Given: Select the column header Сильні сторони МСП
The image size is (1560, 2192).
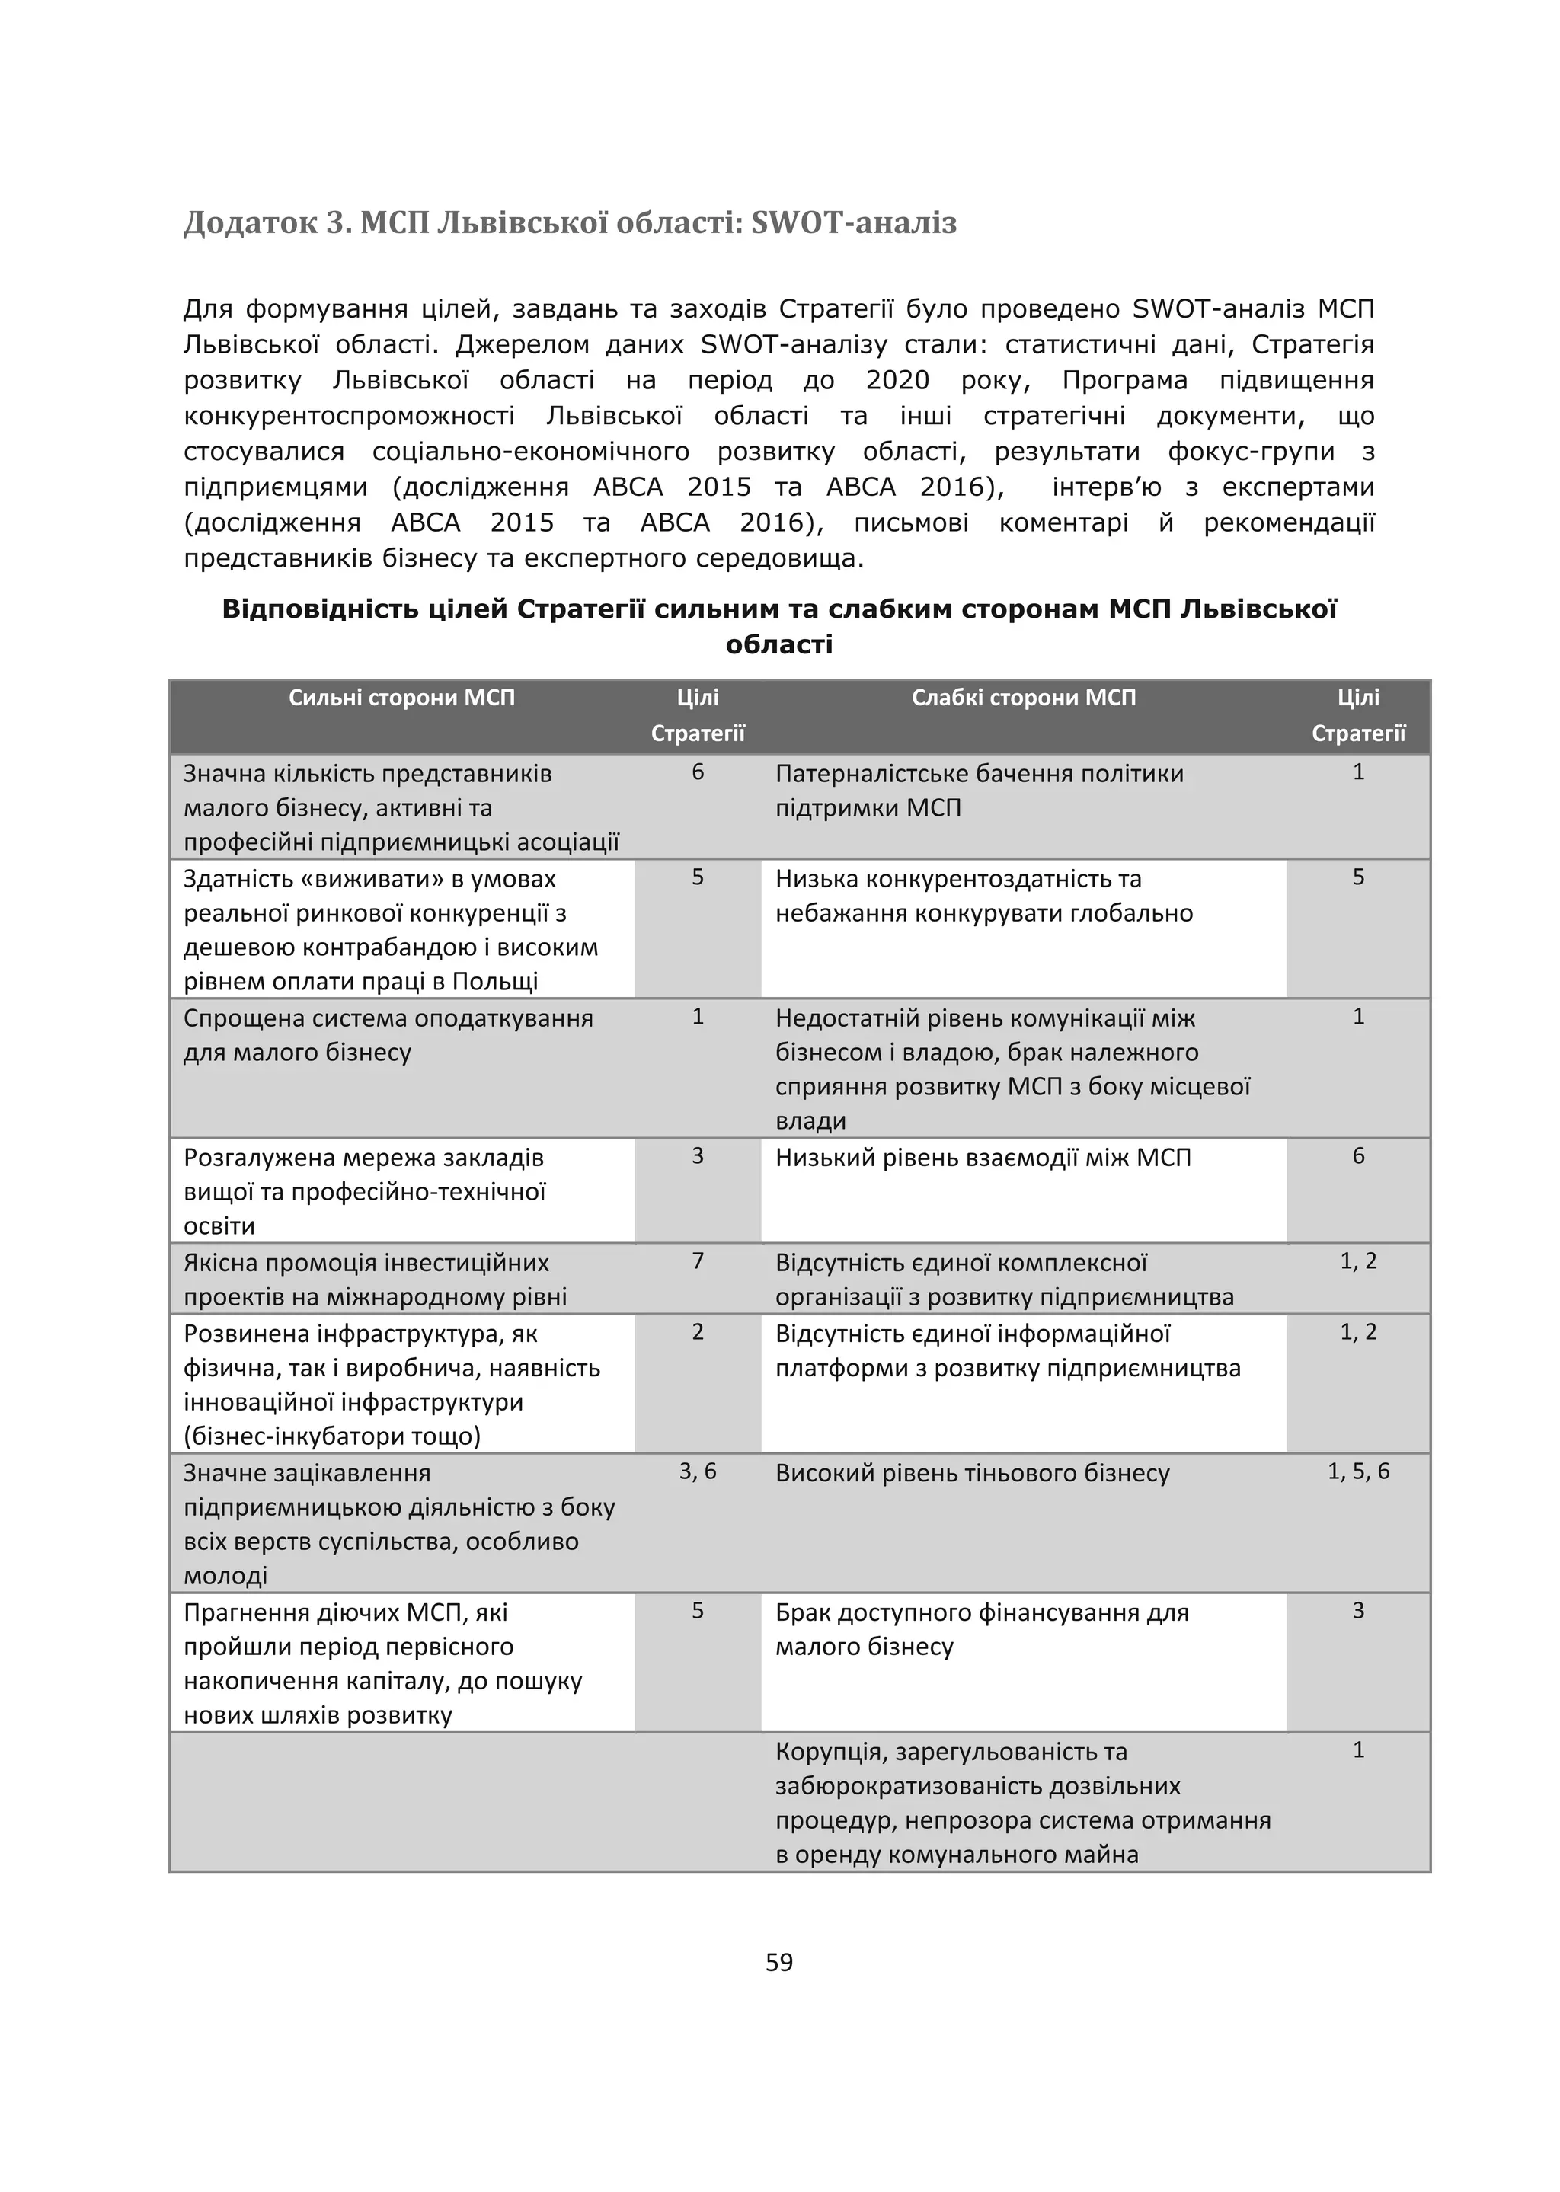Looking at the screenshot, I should pos(401,698).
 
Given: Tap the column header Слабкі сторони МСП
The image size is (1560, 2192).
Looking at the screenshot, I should pos(1023,698).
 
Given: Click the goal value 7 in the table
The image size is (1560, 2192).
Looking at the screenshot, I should pos(698,1261).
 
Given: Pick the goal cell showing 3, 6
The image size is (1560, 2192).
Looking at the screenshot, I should pos(698,1471).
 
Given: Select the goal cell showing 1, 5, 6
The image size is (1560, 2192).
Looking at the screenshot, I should pos(1358,1471).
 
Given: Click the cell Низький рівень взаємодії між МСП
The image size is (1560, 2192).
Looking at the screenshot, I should pos(983,1158).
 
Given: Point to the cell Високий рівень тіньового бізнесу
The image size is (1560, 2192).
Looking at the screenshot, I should pos(972,1474).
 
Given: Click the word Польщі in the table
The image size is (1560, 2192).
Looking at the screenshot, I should pos(494,982).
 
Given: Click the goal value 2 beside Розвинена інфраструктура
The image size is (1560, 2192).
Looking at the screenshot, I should pos(698,1332).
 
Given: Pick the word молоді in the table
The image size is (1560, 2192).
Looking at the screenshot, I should pos(225,1577).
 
